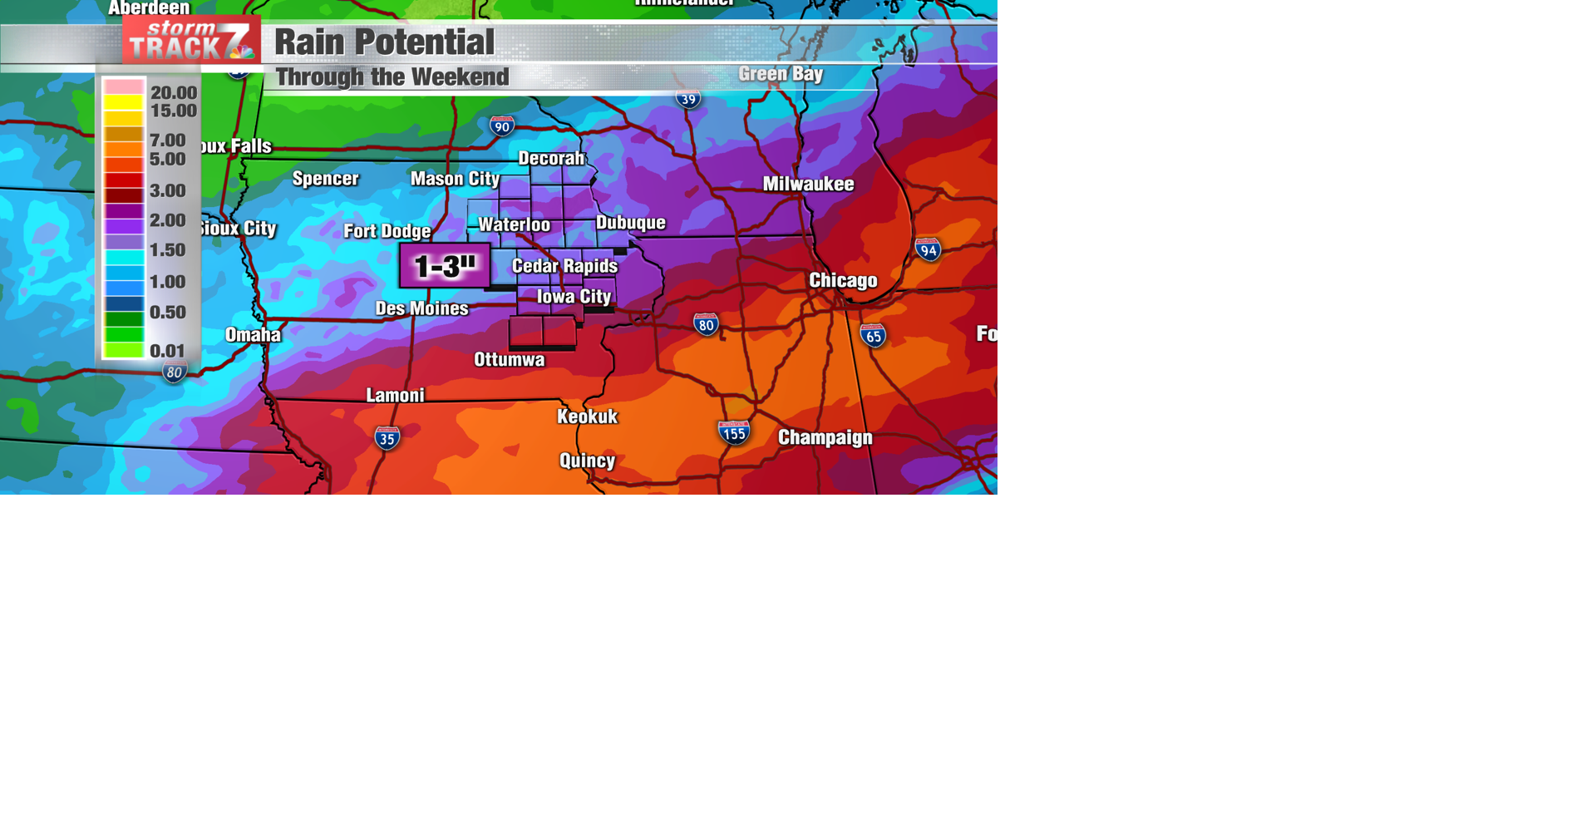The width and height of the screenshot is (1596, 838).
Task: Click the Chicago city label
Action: click(x=843, y=280)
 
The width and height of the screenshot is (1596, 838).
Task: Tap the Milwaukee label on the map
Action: click(x=808, y=184)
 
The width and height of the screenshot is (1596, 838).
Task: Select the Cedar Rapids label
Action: click(x=564, y=266)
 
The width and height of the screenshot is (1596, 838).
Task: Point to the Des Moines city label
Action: click(x=421, y=308)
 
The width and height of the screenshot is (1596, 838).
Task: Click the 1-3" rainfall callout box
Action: click(x=445, y=266)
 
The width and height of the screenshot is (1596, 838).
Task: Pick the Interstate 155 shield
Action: click(x=733, y=432)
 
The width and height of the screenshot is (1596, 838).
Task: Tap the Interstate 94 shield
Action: click(x=928, y=249)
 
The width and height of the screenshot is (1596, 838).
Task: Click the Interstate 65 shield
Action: click(x=873, y=336)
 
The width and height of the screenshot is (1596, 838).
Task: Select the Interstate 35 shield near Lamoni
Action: click(x=387, y=438)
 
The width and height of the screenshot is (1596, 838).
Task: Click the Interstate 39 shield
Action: click(x=687, y=99)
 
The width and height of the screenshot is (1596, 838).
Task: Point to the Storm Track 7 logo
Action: click(x=191, y=40)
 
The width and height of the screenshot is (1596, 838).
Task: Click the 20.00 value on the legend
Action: click(x=174, y=92)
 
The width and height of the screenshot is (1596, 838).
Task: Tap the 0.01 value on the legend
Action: click(x=167, y=351)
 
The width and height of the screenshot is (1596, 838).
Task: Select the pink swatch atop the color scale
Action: click(x=124, y=86)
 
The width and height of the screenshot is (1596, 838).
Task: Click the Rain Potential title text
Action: click(x=384, y=42)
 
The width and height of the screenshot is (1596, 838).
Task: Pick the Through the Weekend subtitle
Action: click(x=392, y=77)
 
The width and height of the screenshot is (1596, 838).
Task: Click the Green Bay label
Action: click(x=780, y=74)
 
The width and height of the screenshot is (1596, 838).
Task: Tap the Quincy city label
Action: click(x=587, y=461)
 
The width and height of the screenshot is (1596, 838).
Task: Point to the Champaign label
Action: click(x=825, y=437)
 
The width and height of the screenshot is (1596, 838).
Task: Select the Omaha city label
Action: click(x=253, y=335)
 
